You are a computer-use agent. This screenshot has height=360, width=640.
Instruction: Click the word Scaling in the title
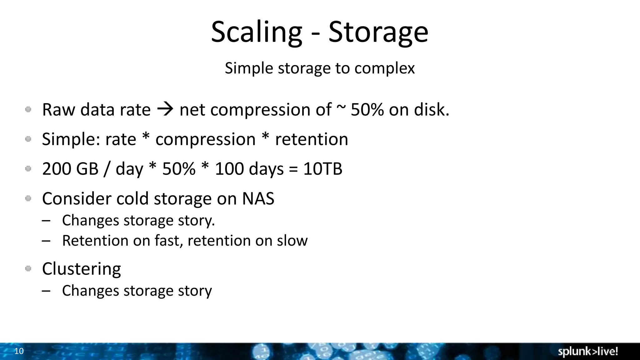coord(256,32)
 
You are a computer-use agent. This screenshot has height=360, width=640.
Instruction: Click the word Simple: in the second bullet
coord(71,139)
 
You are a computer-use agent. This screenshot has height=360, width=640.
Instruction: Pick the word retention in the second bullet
coord(312,139)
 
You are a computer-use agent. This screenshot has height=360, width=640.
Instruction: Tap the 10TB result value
coord(323,169)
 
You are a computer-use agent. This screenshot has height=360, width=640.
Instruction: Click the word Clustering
coord(81,269)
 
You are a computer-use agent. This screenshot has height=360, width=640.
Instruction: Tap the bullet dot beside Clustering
coord(28,268)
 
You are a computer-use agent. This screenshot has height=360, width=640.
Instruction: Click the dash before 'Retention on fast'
coord(46,241)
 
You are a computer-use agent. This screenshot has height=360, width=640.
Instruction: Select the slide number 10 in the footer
coord(19,351)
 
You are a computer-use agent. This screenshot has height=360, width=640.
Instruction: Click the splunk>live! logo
coord(587,352)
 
